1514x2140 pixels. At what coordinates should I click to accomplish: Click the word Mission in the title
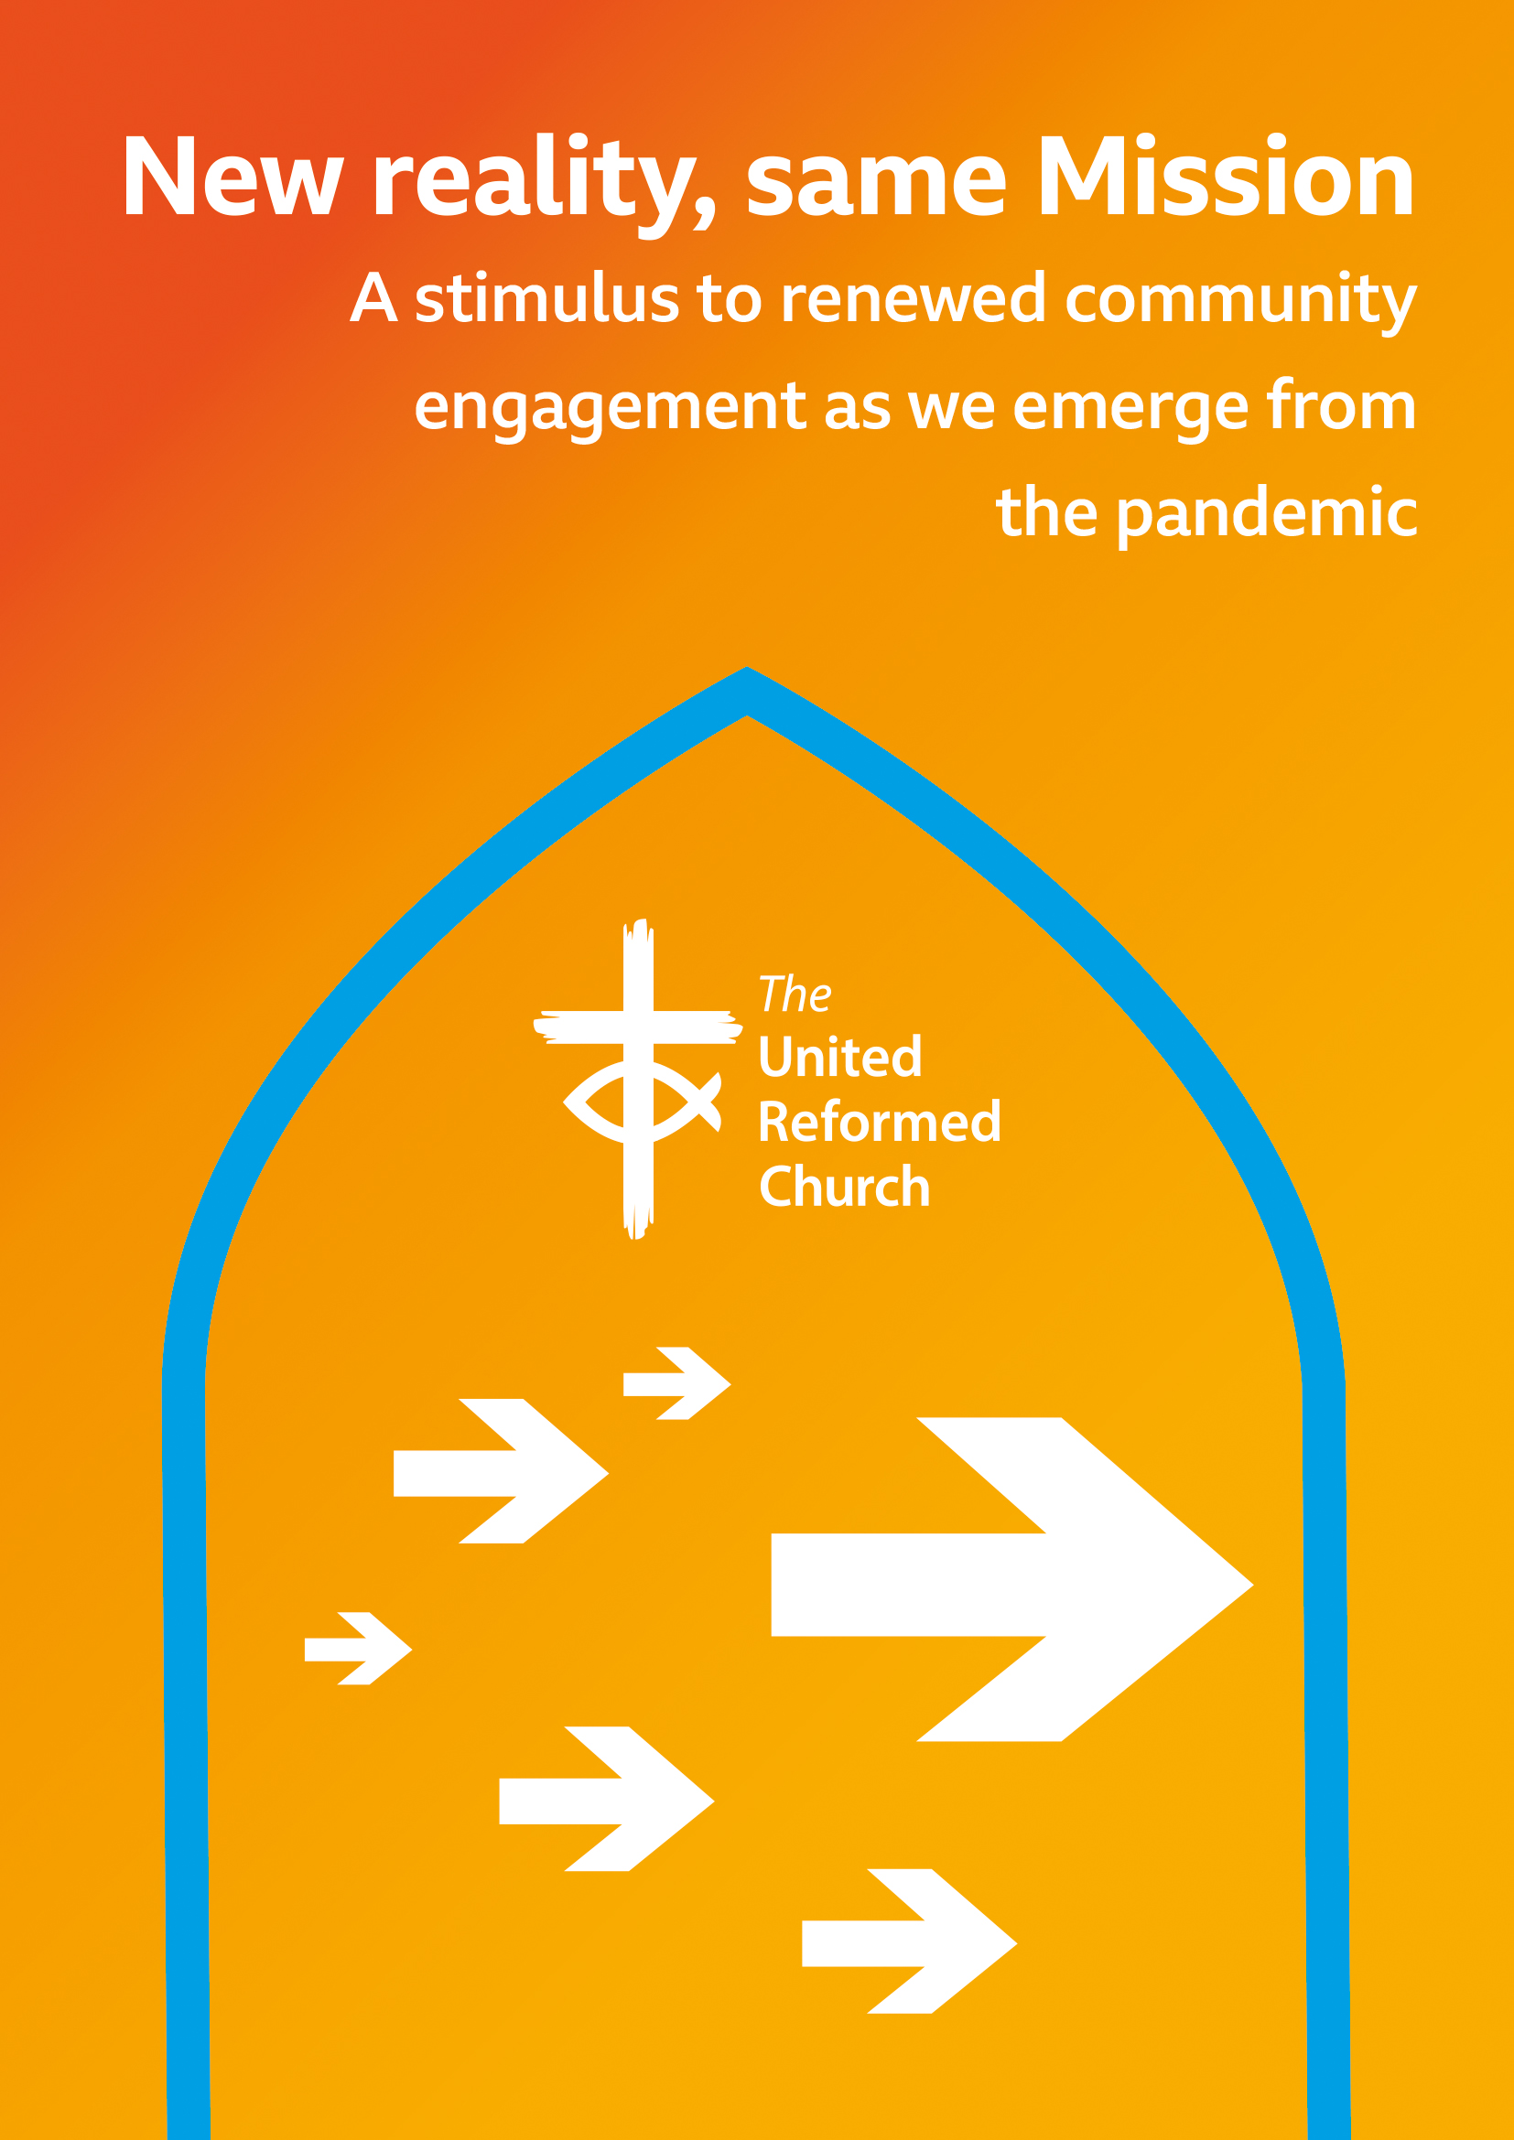click(x=1227, y=177)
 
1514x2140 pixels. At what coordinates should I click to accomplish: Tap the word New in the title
click(x=233, y=177)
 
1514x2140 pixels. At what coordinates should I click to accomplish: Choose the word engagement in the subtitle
click(x=611, y=409)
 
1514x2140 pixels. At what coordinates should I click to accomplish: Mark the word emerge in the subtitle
click(x=1130, y=409)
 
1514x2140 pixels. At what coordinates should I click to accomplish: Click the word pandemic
click(x=1267, y=515)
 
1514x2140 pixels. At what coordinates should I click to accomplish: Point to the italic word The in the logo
click(x=795, y=995)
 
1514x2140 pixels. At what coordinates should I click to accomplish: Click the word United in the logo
click(x=840, y=1057)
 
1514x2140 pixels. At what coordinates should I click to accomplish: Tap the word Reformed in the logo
click(x=879, y=1122)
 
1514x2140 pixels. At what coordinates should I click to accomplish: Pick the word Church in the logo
click(x=845, y=1187)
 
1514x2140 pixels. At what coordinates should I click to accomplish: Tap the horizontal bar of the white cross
click(x=638, y=1027)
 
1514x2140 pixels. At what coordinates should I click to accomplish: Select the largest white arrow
click(x=1011, y=1585)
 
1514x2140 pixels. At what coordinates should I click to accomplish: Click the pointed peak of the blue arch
click(x=748, y=669)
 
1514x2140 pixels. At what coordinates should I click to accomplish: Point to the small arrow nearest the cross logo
click(x=676, y=1384)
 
